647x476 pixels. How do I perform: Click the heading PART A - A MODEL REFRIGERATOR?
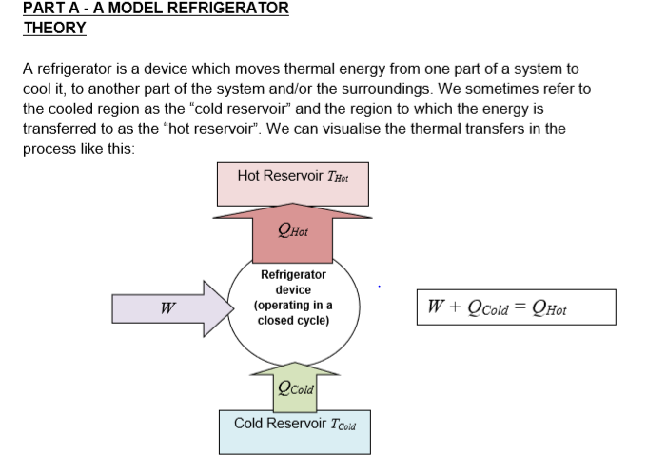(156, 9)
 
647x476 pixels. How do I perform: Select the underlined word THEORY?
(54, 28)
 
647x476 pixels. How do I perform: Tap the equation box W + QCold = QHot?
(515, 307)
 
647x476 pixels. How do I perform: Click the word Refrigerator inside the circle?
(293, 274)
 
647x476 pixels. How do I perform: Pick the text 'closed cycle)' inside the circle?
(293, 321)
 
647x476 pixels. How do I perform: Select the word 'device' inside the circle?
(293, 289)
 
